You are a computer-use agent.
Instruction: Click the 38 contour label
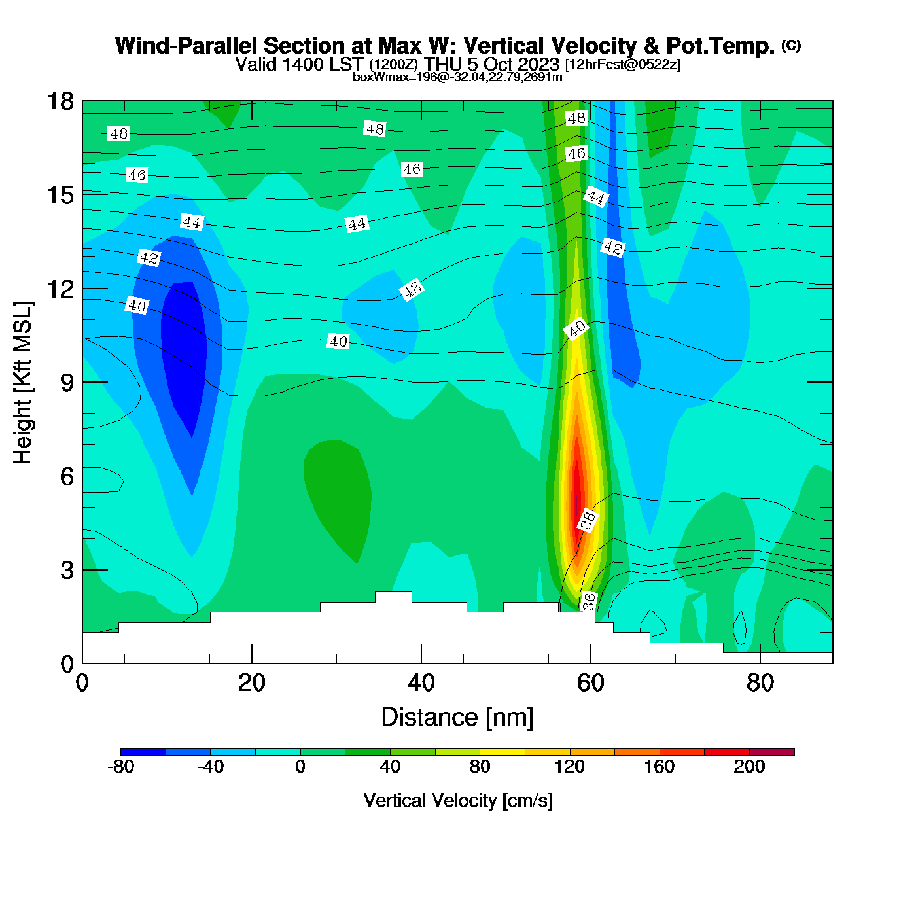[588, 520]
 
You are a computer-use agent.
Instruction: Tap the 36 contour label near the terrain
[590, 601]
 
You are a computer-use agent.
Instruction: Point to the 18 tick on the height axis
[60, 101]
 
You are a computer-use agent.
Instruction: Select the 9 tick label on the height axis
[67, 383]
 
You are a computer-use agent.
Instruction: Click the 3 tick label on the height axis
[67, 571]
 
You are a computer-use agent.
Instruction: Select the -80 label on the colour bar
[120, 767]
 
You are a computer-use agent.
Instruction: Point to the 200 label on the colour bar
[749, 767]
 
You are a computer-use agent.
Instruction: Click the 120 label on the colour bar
[569, 767]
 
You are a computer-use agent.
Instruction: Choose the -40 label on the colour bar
[210, 767]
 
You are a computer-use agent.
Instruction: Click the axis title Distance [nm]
[457, 718]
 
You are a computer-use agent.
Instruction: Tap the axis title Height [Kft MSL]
[23, 383]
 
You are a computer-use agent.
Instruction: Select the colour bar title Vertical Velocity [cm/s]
[458, 801]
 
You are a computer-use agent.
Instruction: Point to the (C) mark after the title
[791, 45]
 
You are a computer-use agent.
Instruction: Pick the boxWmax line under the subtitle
[457, 77]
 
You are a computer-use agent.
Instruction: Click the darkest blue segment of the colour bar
[143, 752]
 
